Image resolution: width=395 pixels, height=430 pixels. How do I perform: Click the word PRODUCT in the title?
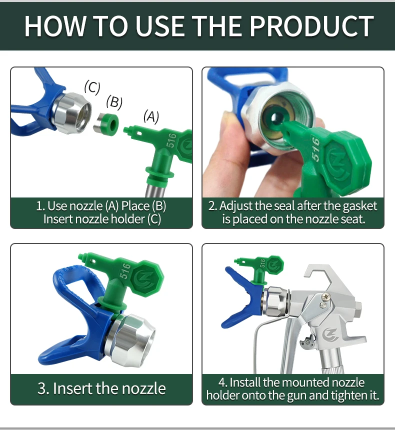(x=312, y=26)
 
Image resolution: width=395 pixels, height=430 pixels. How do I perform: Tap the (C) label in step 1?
(x=92, y=87)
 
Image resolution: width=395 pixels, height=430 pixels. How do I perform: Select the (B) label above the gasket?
(x=114, y=102)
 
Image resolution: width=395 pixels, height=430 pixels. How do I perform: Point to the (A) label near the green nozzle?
(x=151, y=117)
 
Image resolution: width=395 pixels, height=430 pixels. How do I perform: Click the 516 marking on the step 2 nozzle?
(x=315, y=149)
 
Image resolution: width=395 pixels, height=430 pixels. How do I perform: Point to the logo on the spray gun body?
(x=330, y=334)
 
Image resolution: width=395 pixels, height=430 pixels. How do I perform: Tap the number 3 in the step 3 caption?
(x=41, y=388)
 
